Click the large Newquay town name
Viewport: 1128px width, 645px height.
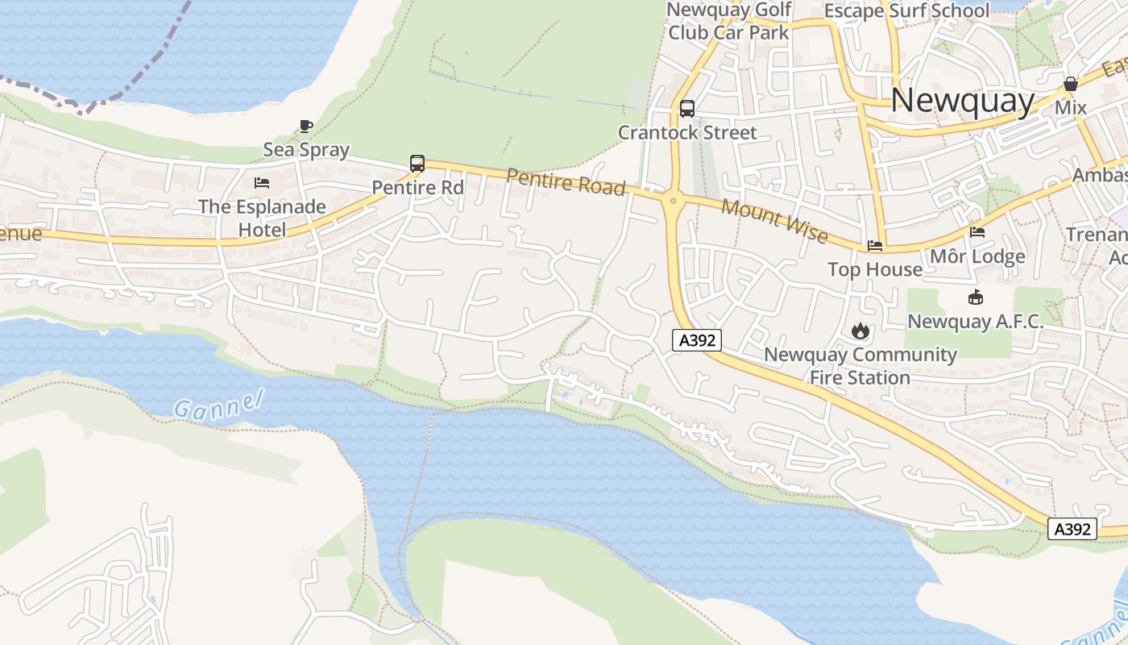[962, 101]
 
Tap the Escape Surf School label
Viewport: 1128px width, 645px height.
[906, 10]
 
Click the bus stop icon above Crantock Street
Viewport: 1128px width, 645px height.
[687, 108]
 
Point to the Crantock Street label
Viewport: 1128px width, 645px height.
[687, 132]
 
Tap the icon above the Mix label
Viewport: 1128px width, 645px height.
[1071, 84]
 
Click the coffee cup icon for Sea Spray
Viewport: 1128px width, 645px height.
[305, 126]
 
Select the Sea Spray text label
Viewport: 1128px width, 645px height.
[306, 149]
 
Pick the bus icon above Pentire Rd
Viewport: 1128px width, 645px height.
[417, 163]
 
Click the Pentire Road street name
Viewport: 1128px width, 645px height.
[566, 182]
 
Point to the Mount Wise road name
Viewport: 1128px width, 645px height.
[774, 219]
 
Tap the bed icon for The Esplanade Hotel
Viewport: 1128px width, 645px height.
[262, 183]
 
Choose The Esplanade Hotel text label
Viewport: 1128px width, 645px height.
[262, 218]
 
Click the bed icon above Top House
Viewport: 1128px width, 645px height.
[875, 246]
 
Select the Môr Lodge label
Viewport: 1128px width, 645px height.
[977, 256]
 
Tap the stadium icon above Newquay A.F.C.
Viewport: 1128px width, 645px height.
[976, 298]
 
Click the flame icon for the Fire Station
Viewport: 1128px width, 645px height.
[861, 331]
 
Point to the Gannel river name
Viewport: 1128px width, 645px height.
[219, 402]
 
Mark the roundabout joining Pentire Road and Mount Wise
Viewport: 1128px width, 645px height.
[672, 199]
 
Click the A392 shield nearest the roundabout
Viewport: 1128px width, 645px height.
[697, 340]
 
